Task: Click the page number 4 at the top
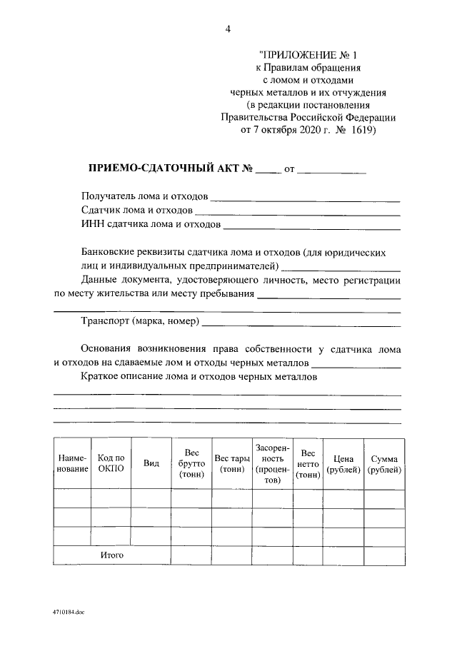pyautogui.click(x=228, y=29)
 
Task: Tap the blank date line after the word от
pyautogui.click(x=331, y=171)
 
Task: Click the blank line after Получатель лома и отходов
pyautogui.click(x=305, y=198)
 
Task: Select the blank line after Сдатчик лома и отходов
pyautogui.click(x=297, y=212)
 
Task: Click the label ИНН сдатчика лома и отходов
pyautogui.click(x=151, y=225)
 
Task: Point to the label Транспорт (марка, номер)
pyautogui.click(x=141, y=322)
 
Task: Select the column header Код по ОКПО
pyautogui.click(x=111, y=463)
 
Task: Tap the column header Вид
pyautogui.click(x=151, y=463)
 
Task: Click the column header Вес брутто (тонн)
pyautogui.click(x=191, y=463)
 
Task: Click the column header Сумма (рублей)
pyautogui.click(x=383, y=463)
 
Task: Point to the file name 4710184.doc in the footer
pyautogui.click(x=68, y=612)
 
